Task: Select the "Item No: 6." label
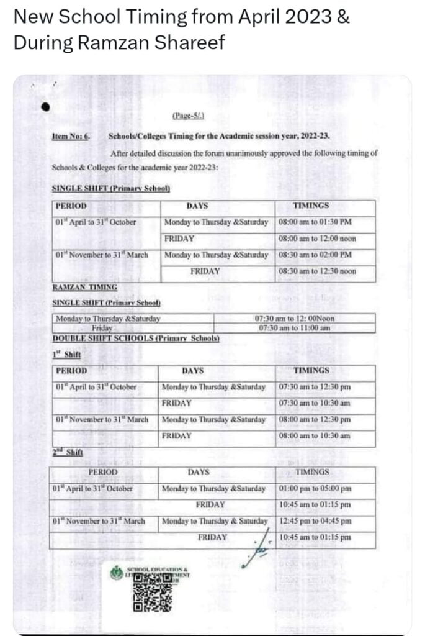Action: (x=70, y=135)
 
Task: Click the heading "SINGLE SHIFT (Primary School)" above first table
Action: (x=111, y=188)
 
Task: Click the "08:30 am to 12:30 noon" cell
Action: (x=326, y=271)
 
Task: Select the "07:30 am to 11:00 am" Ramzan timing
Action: (x=294, y=328)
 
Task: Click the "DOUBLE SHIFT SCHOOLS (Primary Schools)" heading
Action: (x=136, y=338)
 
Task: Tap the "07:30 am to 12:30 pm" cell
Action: (x=323, y=387)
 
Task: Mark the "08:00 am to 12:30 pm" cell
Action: (x=323, y=419)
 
